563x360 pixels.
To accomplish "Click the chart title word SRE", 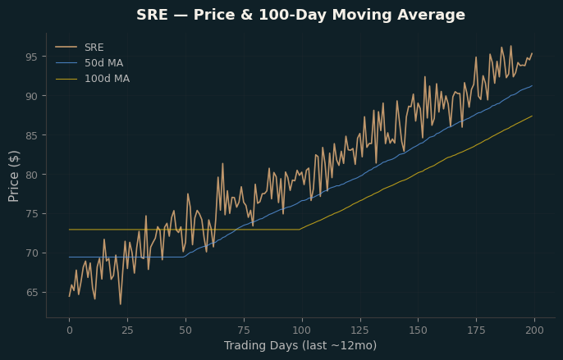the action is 152,15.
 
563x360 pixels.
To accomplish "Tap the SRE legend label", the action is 94,48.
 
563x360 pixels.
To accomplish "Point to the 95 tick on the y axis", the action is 31,57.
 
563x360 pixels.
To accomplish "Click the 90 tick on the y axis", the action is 31,96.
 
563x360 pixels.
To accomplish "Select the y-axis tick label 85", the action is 31,135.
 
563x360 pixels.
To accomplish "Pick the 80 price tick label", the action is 31,175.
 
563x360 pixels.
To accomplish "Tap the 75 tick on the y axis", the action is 31,214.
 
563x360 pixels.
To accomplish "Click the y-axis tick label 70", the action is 31,253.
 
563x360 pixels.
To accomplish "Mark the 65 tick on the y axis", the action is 31,293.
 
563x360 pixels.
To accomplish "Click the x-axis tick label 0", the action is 69,330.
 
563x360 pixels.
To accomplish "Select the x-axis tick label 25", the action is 127,330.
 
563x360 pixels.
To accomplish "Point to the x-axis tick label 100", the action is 302,330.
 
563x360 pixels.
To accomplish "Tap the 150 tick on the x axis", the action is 419,330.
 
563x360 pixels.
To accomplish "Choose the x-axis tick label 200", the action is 534,330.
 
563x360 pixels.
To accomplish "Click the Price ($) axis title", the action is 14,176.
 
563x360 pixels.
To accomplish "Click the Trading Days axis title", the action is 300,345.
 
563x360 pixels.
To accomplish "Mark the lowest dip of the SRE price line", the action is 121,304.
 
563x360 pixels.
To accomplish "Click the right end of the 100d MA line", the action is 532,116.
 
